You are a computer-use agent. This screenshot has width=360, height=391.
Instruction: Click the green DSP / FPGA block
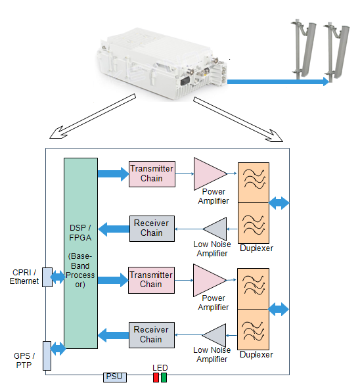81,253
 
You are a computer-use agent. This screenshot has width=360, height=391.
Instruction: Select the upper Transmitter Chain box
152,173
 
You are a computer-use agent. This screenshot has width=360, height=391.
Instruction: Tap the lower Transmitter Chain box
151,280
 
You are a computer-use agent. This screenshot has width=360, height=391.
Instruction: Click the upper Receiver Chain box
152,229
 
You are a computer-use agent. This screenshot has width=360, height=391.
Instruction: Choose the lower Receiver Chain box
152,335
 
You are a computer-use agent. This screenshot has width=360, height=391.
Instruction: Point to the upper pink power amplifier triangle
208,173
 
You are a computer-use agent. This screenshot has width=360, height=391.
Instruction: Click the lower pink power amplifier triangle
207,281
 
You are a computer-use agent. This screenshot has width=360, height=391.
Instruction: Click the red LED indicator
156,377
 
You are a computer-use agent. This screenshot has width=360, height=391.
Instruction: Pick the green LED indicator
164,377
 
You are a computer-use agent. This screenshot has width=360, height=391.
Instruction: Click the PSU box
115,377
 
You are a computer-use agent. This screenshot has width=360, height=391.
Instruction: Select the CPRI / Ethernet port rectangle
47,277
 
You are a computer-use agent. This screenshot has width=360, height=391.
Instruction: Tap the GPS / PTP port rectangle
47,356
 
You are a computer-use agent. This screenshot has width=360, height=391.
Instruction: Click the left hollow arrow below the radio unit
93,116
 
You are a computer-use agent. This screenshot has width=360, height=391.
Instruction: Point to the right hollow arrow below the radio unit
238,120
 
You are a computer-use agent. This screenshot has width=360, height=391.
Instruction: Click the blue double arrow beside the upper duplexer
279,203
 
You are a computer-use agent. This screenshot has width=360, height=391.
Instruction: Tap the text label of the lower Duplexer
256,355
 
